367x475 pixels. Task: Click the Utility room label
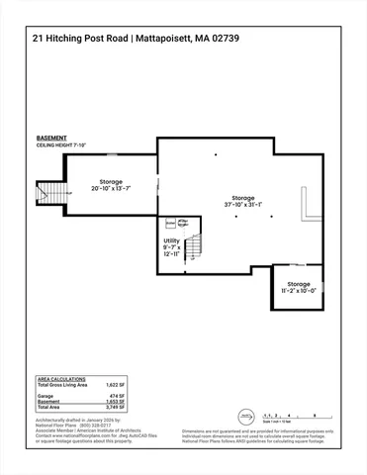(x=172, y=244)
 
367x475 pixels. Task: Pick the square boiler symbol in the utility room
(x=170, y=223)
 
